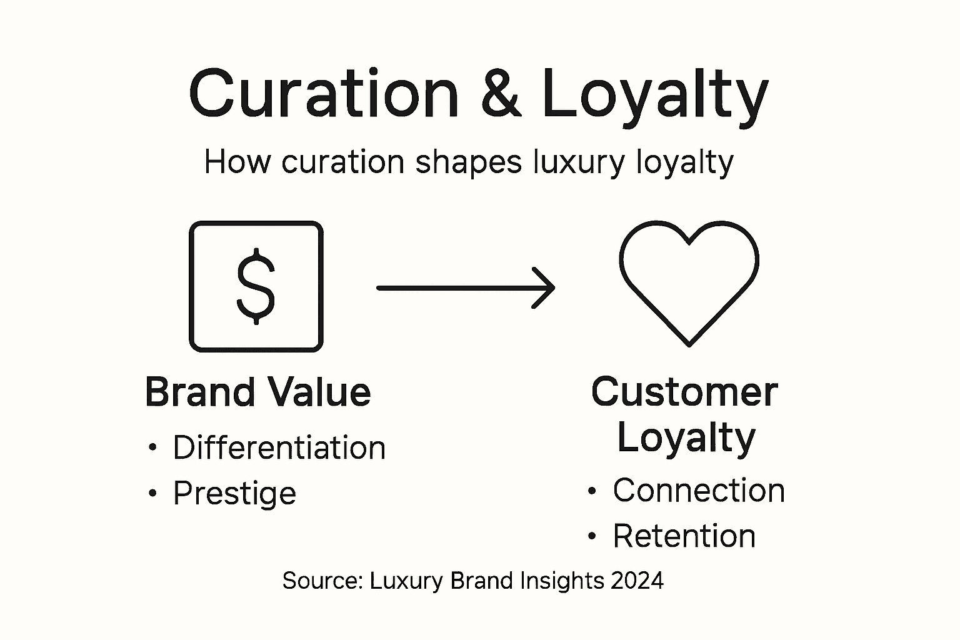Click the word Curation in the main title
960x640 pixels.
coord(324,94)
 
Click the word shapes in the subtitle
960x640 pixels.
coord(468,162)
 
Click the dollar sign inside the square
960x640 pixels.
coord(256,286)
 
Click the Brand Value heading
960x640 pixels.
coord(257,392)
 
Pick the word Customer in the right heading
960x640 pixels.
coord(684,392)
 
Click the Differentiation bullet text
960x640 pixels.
coord(279,448)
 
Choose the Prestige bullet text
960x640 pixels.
coord(234,494)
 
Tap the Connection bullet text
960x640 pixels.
coord(698,490)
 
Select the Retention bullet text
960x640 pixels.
coord(684,536)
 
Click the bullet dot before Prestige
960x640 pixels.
coord(152,494)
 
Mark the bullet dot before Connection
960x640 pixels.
coord(592,491)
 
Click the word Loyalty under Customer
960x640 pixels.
coord(686,439)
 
